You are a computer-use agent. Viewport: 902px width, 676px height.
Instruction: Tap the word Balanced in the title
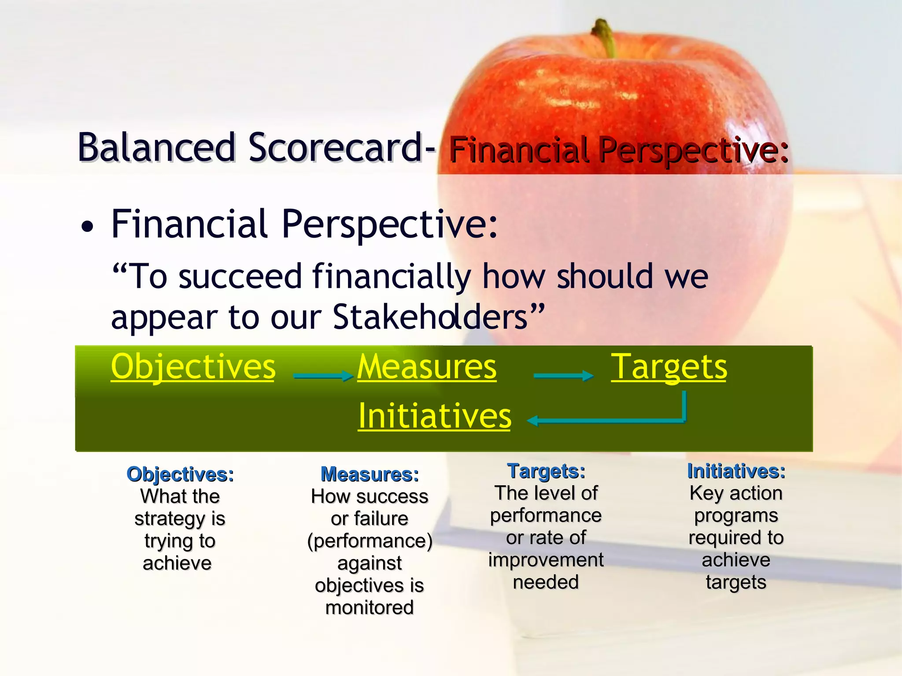(x=156, y=147)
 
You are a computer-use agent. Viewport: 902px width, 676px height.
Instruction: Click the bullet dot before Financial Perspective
(x=88, y=227)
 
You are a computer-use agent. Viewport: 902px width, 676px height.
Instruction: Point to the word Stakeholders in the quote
(x=430, y=317)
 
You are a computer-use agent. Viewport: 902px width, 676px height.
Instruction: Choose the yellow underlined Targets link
(x=669, y=367)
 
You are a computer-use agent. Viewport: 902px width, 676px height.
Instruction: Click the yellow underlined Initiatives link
(x=434, y=415)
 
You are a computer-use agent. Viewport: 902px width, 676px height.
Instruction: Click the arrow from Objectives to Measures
(x=323, y=375)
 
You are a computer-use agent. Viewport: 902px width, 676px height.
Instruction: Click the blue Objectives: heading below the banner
(x=180, y=474)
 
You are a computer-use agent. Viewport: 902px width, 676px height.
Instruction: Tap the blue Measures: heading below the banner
(x=370, y=474)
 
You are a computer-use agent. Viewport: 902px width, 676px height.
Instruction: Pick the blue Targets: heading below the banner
(x=546, y=471)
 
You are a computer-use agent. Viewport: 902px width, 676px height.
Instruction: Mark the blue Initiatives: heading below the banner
(x=736, y=471)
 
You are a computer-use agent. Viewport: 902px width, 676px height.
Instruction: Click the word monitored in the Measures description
(x=370, y=608)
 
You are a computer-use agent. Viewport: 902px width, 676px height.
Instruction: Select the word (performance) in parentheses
(x=370, y=541)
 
